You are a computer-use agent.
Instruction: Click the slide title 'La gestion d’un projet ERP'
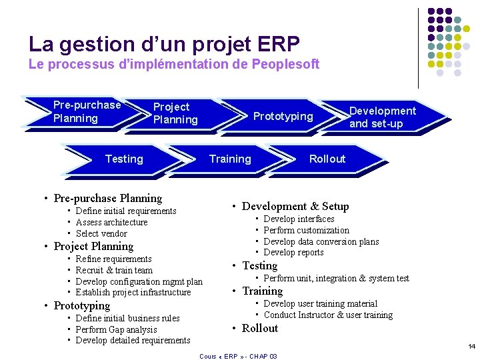pos(164,44)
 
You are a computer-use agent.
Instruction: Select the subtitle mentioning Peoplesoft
pos(174,65)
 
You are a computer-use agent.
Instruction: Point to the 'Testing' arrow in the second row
pos(124,159)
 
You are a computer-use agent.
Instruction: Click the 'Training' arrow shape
pos(230,159)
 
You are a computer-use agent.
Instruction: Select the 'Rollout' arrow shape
pos(327,159)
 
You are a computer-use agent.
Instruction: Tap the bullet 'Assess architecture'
pos(111,222)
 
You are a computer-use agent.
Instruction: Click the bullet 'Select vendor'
pos(101,233)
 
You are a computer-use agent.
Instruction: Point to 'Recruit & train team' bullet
pos(114,270)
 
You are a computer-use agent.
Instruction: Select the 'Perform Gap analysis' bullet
pos(117,329)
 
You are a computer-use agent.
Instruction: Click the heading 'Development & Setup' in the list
pos(295,207)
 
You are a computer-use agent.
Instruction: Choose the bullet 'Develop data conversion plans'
pos(321,241)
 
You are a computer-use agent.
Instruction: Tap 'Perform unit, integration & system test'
pos(336,278)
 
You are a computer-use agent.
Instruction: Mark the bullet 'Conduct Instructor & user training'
pos(328,315)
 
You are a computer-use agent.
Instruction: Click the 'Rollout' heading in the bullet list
pos(259,328)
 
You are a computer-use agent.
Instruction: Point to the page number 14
pos(471,347)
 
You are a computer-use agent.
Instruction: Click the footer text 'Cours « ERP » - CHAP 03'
pos(238,356)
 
